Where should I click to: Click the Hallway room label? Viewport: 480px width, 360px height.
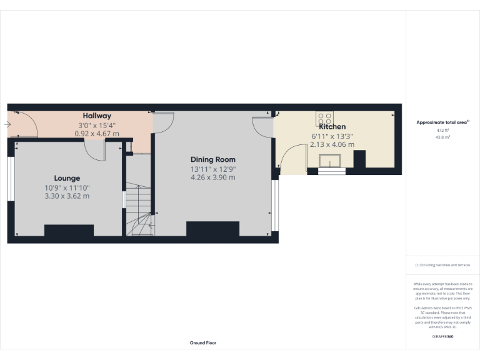(x=97, y=116)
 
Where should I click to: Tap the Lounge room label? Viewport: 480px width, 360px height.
(x=66, y=177)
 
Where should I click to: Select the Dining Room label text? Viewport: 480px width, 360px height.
(x=213, y=159)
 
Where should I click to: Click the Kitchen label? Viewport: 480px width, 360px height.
(x=332, y=126)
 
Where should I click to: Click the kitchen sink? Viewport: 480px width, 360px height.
(x=331, y=162)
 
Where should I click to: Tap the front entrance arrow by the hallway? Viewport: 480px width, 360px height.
(x=7, y=124)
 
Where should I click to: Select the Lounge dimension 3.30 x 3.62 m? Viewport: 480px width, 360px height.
(x=66, y=196)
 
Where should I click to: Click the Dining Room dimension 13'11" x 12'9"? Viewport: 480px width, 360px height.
(x=213, y=169)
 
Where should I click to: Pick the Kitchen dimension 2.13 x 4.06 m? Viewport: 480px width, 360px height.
(x=332, y=144)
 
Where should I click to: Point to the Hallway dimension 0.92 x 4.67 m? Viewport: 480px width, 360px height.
(x=97, y=133)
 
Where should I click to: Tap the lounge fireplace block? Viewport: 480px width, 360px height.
(x=69, y=230)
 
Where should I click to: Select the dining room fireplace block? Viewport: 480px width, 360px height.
(x=212, y=229)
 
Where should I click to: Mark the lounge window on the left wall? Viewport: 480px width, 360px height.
(x=10, y=179)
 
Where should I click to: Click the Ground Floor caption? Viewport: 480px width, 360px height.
(x=203, y=342)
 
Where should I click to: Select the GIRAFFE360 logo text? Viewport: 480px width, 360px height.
(x=442, y=336)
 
